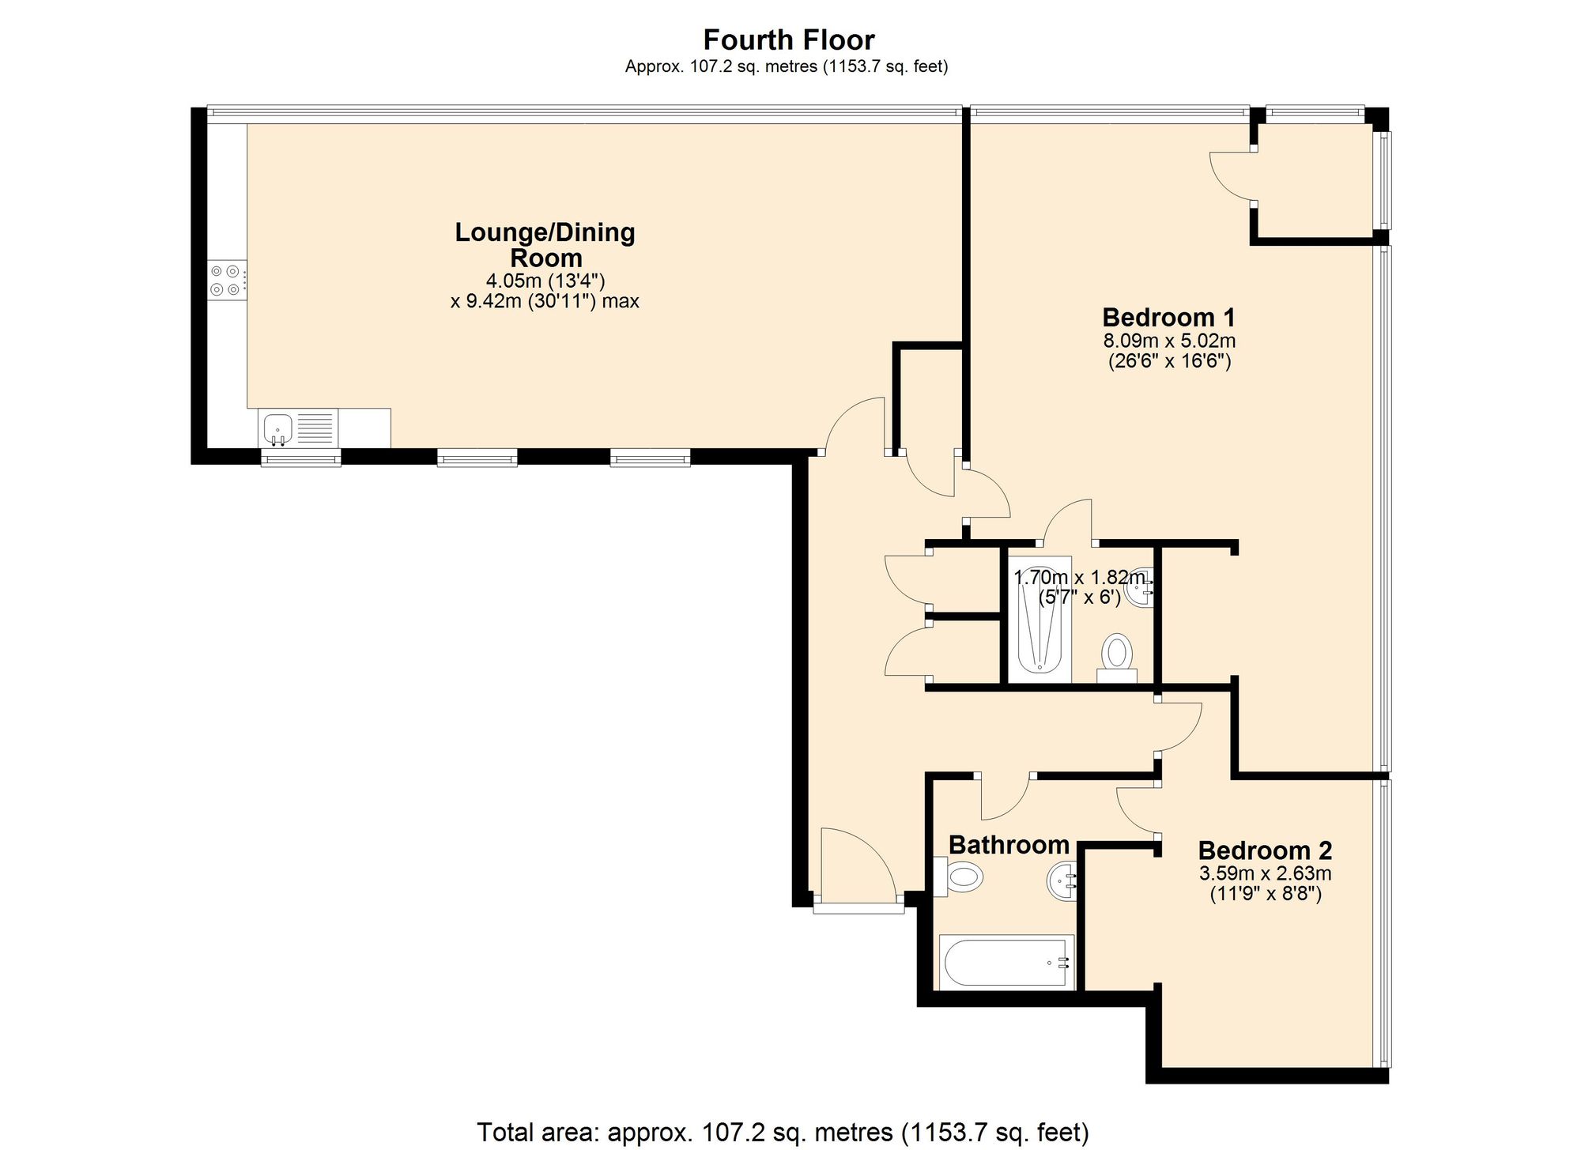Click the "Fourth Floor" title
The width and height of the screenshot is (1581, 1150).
coord(789,40)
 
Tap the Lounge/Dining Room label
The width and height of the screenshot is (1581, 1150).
coord(545,245)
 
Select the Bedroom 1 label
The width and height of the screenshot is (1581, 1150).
coord(1168,318)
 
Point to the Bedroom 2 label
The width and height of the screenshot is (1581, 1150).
coord(1265,850)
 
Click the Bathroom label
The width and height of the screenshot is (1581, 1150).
coord(1009,845)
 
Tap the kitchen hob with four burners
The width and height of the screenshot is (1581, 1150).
coord(227,281)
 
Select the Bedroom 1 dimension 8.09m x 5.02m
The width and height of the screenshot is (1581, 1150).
coord(1169,341)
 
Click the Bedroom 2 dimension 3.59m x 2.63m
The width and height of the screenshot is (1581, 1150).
coord(1266,873)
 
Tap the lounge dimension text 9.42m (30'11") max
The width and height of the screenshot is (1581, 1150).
coord(545,301)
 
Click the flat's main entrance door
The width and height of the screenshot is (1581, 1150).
coord(858,865)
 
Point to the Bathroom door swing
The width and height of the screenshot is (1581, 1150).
coord(1006,798)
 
